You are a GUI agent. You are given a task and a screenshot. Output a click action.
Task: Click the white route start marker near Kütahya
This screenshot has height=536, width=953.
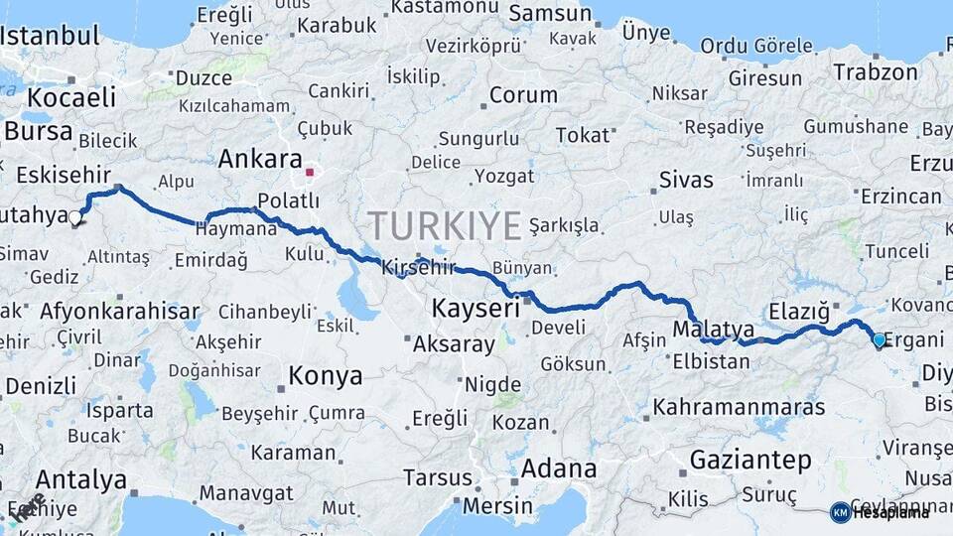coord(75,216)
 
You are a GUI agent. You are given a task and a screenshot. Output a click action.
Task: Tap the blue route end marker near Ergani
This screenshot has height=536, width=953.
coord(879,340)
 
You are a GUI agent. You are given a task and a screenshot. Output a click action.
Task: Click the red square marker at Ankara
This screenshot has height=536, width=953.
coord(310,173)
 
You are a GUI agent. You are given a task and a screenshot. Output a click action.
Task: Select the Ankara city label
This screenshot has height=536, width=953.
coord(259,159)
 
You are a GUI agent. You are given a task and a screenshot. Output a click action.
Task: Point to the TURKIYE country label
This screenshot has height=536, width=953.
coord(444,226)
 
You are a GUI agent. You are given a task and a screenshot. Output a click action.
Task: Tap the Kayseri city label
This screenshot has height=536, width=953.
coord(476,310)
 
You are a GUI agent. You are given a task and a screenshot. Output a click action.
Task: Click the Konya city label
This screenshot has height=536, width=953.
coord(325,376)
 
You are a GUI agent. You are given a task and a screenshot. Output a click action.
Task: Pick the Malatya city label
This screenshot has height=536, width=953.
coord(713,329)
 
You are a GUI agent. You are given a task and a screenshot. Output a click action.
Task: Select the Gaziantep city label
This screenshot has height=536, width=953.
coord(749,461)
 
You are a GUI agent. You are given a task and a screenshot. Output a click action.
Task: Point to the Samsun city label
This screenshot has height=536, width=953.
coord(550,14)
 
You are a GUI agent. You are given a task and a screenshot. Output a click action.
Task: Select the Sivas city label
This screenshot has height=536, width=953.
coord(686,180)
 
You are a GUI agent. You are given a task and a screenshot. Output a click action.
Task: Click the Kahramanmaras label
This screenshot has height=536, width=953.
coord(739,407)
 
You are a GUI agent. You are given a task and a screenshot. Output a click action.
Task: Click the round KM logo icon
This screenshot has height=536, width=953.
coord(840,512)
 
